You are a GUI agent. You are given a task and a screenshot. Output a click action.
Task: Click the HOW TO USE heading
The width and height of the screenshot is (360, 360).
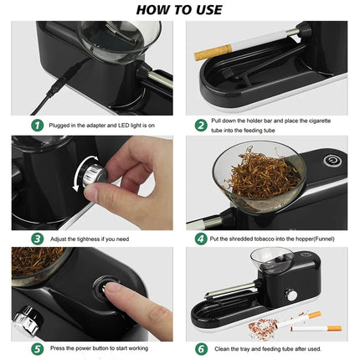[179, 10]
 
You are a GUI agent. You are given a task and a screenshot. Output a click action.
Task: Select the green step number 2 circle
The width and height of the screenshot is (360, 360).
[201, 125]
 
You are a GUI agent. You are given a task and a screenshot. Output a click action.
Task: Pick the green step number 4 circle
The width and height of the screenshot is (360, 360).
[201, 238]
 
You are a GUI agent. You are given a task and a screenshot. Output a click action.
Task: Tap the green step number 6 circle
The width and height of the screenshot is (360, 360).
[201, 347]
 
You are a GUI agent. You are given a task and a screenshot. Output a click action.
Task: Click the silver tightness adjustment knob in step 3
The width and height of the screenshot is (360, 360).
[90, 177]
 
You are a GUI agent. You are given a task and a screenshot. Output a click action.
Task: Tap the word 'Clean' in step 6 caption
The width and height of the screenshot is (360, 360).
[226, 347]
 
